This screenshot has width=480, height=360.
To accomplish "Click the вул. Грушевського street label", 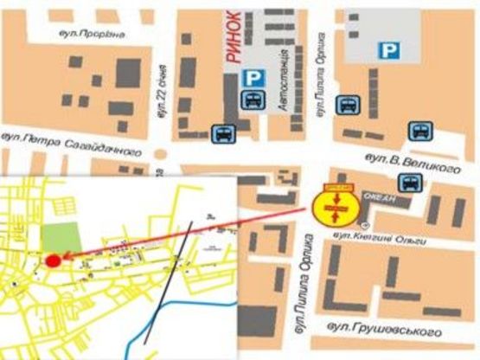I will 388,331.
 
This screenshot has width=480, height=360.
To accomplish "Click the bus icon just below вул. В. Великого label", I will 409,183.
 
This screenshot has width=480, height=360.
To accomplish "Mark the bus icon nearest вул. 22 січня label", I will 222,133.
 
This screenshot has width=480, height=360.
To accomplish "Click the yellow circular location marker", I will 333,208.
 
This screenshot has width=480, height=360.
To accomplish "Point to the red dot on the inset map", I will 53,260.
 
